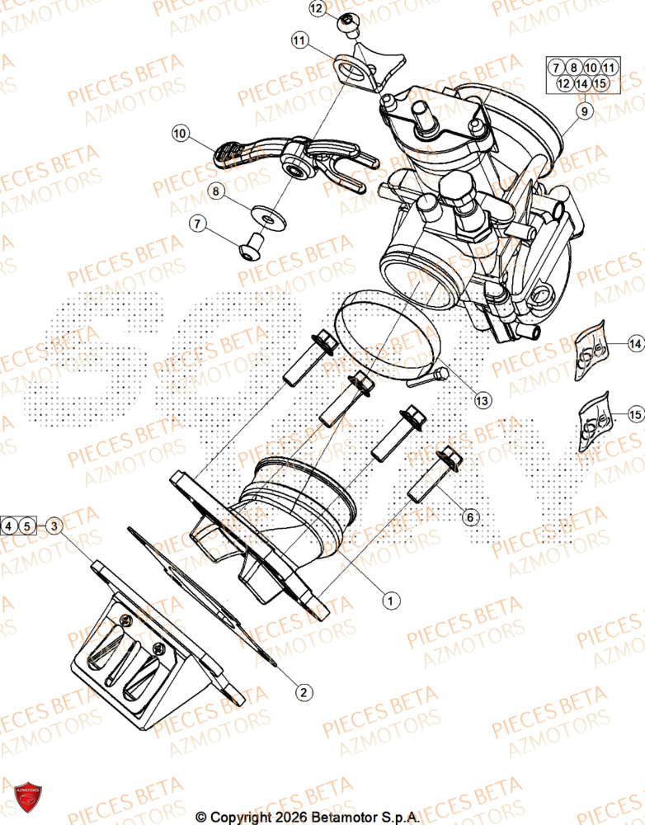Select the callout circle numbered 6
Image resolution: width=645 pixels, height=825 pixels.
[468, 517]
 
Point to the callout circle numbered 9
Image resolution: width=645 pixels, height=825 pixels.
[585, 112]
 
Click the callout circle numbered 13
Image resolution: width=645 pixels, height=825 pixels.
[482, 399]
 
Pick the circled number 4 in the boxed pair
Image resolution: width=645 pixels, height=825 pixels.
[10, 525]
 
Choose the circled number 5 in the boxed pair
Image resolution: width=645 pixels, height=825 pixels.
[27, 525]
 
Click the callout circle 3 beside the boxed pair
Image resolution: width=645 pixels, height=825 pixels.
[53, 525]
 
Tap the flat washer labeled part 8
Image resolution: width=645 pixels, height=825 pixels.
[266, 218]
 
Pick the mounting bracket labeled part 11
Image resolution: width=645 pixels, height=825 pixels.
[367, 70]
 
